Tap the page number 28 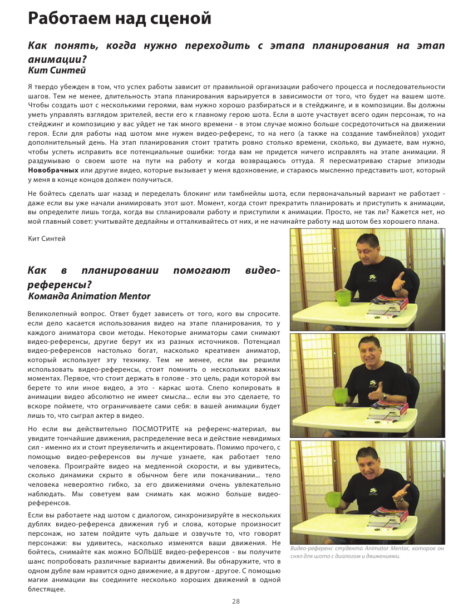click(236, 601)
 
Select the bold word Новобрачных click(53, 170)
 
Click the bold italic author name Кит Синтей click(57, 70)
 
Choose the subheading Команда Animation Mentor click(89, 296)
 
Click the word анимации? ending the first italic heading click(58, 59)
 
